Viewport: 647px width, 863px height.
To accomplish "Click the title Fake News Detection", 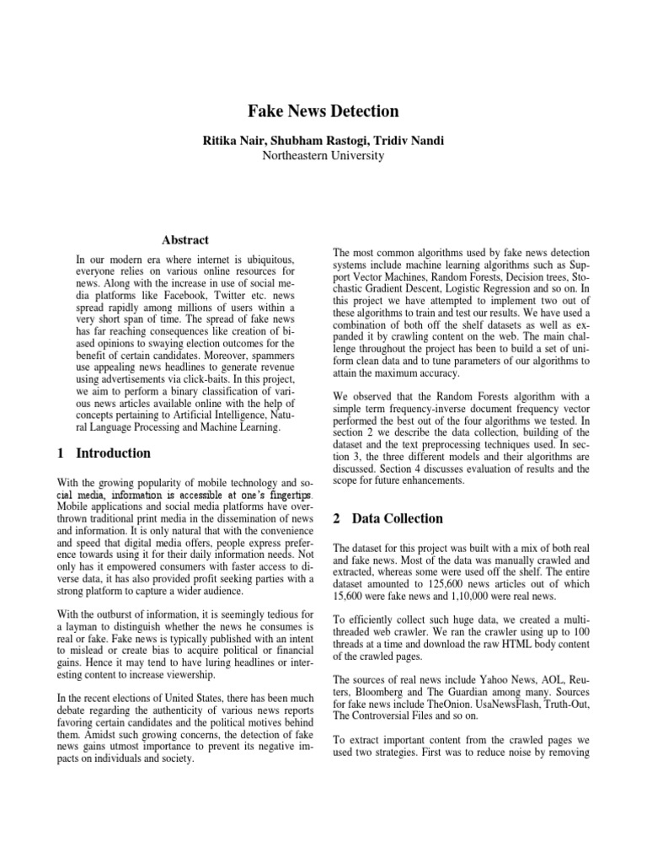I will point(323,110).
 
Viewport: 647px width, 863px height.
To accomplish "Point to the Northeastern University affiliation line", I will point(323,155).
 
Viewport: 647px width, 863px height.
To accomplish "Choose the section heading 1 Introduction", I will point(104,453).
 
